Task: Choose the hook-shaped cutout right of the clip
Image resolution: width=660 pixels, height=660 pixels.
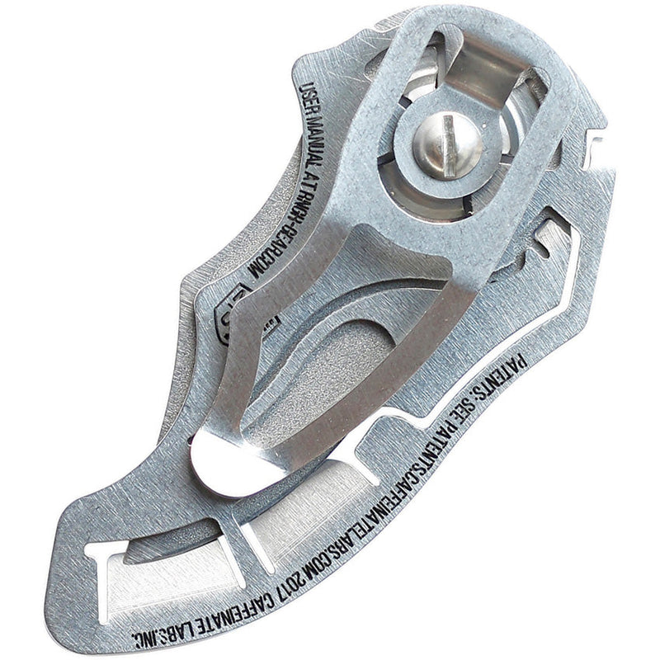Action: tap(551, 238)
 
